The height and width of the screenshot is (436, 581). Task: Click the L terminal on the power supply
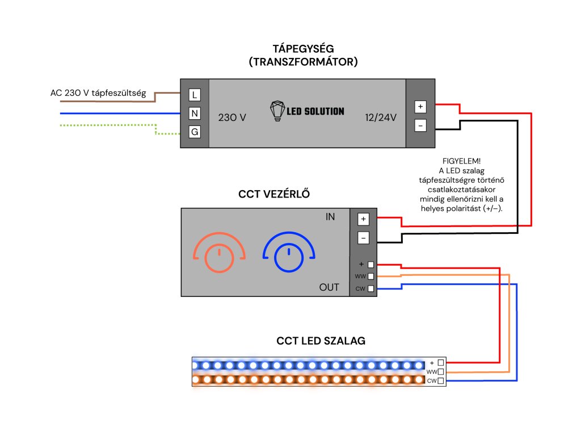click(x=195, y=94)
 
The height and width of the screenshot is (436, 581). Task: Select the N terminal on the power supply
click(x=195, y=114)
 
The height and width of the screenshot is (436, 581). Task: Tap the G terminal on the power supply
click(x=195, y=133)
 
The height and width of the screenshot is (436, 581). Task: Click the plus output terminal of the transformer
click(x=420, y=106)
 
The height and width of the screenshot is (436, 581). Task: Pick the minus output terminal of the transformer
click(x=420, y=125)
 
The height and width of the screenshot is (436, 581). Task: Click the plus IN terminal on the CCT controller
click(x=364, y=219)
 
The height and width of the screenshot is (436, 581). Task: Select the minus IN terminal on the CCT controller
click(x=364, y=238)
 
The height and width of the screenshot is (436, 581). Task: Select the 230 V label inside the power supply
click(x=232, y=118)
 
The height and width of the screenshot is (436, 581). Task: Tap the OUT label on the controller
click(x=329, y=287)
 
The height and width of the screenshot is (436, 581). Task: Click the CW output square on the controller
click(x=371, y=288)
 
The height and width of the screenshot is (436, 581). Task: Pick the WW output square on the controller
click(x=371, y=276)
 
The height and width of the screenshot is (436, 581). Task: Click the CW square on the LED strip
click(x=441, y=380)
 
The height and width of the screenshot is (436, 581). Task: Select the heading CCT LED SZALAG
click(x=321, y=341)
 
